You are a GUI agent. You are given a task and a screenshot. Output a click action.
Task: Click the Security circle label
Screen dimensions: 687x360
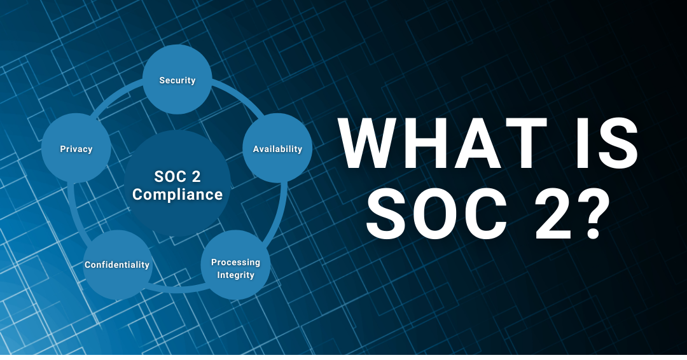pos(177,80)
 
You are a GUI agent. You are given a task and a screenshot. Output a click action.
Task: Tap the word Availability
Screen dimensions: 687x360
pos(277,149)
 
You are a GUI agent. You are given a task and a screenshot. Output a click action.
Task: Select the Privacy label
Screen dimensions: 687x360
pos(76,149)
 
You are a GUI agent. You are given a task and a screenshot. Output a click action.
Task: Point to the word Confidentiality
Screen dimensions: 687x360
pos(117,265)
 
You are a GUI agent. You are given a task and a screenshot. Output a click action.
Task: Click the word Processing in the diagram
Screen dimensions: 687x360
pos(236,262)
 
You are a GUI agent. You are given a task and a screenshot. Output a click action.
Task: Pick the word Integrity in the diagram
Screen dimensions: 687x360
pos(236,275)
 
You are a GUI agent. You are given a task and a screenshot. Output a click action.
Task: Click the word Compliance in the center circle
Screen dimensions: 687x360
pos(177,195)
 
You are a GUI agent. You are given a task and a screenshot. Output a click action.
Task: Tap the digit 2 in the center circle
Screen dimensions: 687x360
pos(196,176)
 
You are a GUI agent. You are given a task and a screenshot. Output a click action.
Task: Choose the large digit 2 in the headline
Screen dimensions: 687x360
pos(550,214)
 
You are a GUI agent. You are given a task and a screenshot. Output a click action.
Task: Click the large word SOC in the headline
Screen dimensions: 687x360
pos(435,214)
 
